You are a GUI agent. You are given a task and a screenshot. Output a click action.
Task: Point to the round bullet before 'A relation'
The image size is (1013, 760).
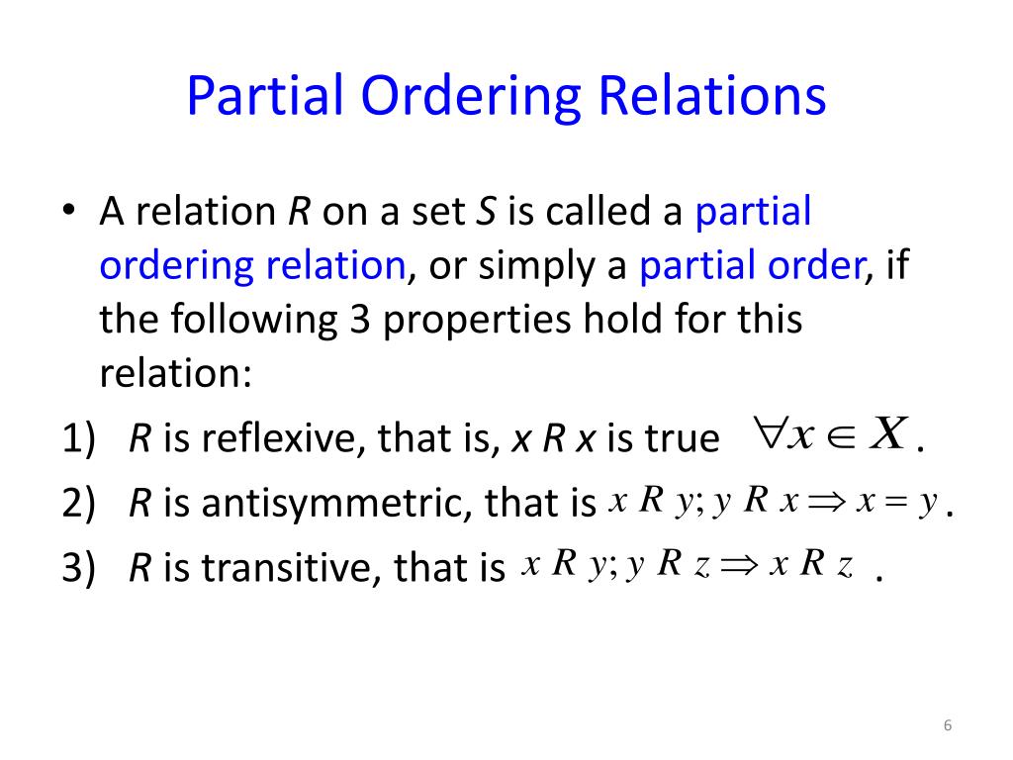(x=66, y=214)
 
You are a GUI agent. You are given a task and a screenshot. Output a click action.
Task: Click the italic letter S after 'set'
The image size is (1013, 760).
(x=485, y=213)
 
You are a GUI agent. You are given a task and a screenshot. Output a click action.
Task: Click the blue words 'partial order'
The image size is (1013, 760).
(x=750, y=267)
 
